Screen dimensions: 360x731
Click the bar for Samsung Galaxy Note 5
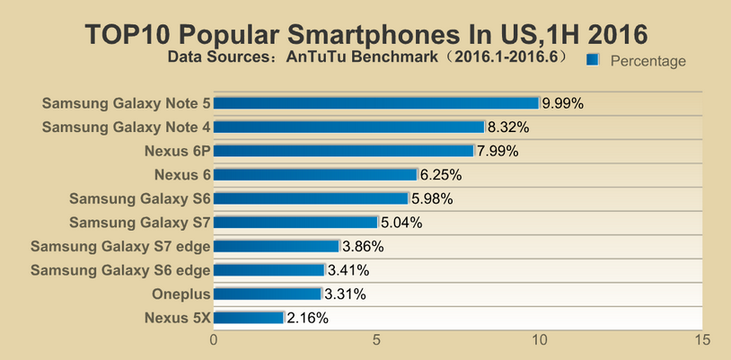tap(375, 103)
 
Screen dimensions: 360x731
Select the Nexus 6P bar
tap(343, 151)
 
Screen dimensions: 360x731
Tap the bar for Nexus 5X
tap(249, 317)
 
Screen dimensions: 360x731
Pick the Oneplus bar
tap(267, 294)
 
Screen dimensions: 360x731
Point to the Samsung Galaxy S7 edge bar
tap(276, 246)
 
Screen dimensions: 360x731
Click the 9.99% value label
tap(562, 103)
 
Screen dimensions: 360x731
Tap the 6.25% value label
tap(440, 175)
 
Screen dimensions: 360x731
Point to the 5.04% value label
tap(401, 223)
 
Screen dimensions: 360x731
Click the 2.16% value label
tap(307, 318)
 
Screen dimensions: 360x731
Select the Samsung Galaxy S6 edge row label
tap(120, 270)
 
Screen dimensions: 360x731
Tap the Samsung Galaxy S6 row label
tap(140, 198)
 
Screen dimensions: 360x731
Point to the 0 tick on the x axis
tap(214, 340)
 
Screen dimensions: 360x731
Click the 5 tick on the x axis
tap(376, 340)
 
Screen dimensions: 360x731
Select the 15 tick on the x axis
tap(702, 340)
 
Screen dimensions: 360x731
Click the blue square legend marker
tap(593, 59)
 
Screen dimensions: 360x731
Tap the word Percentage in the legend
tap(647, 61)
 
